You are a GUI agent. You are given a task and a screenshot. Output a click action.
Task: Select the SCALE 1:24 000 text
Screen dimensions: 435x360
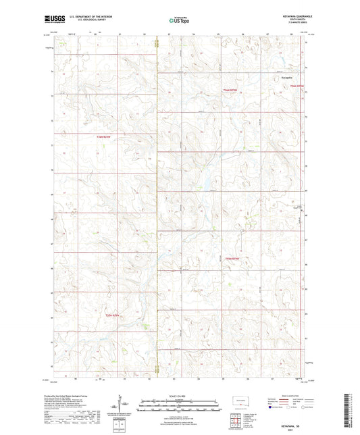coord(180,396)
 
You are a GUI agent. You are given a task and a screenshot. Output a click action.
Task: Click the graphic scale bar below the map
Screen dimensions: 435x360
coord(180,406)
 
